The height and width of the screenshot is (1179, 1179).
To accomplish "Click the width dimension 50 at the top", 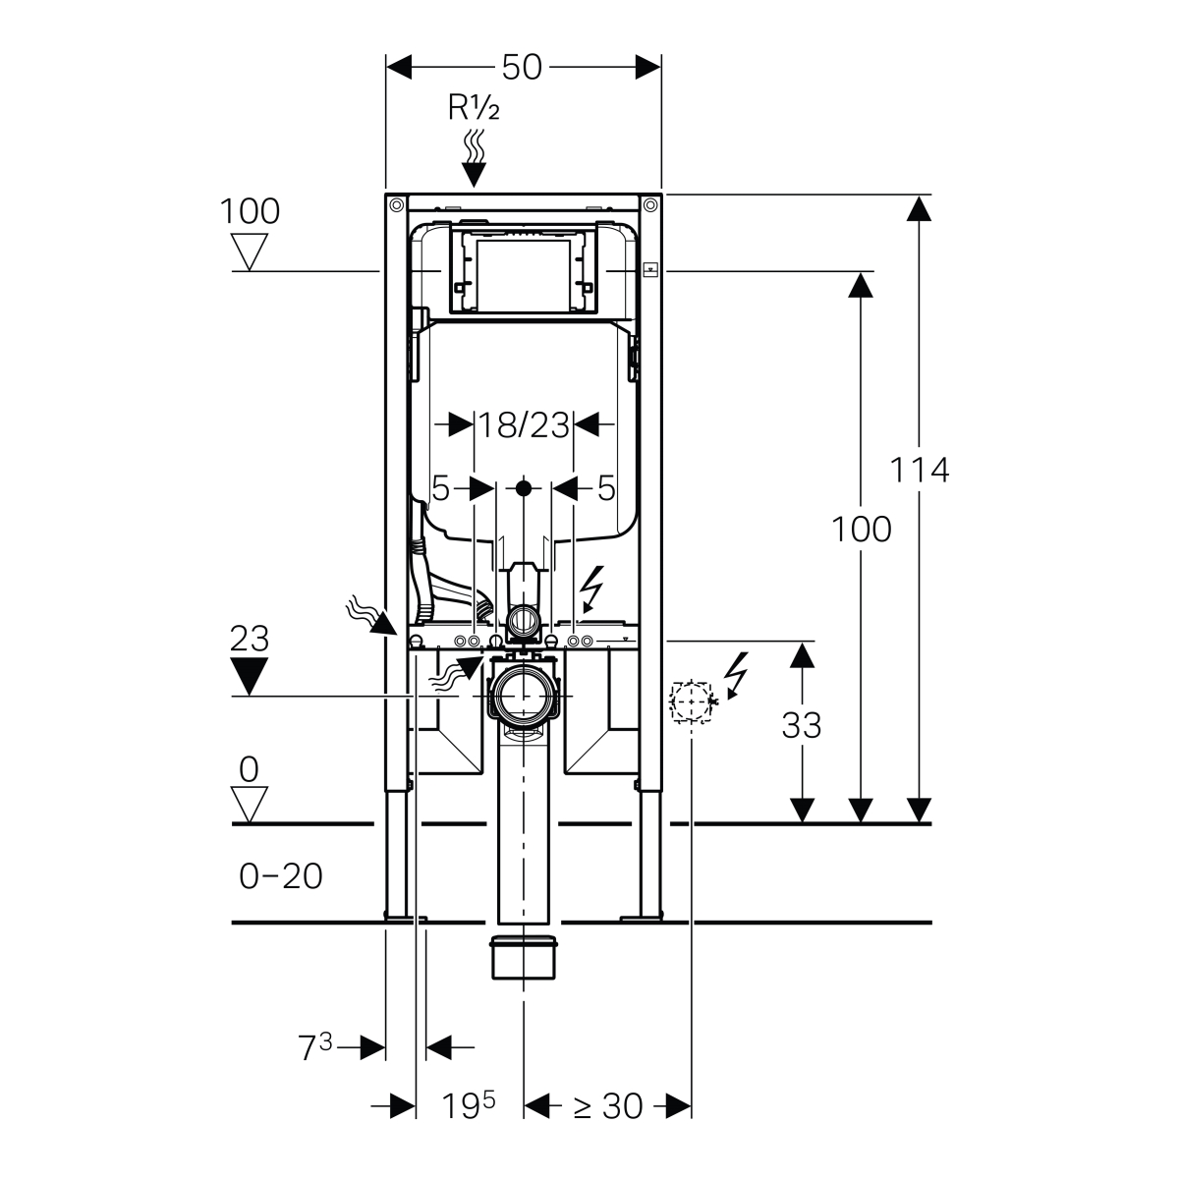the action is (522, 67).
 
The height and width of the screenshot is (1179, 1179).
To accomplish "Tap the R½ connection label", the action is (474, 108).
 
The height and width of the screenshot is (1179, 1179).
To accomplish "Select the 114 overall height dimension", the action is (919, 470).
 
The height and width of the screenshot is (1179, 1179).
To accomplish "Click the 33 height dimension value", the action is (801, 725).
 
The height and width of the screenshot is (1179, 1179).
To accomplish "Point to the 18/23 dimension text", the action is (524, 425).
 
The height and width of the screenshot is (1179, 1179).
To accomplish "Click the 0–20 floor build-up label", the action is (281, 875).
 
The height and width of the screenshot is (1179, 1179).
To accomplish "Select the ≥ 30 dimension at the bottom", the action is (608, 1105).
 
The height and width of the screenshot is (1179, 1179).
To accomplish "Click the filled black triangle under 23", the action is (249, 675).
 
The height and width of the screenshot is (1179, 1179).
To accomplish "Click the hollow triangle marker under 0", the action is (249, 804).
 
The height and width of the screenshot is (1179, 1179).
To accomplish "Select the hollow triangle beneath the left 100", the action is (249, 251).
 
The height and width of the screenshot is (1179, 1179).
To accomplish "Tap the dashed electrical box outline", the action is (691, 701).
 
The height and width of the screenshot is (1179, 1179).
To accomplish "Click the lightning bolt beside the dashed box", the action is (736, 675).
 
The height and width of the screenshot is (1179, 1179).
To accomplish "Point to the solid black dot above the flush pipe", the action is (524, 488).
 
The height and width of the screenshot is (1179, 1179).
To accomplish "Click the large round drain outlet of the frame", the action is (523, 697).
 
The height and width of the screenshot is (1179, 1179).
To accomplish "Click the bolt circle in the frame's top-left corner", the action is (397, 204).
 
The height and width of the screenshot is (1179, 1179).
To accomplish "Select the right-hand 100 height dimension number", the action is (861, 530).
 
